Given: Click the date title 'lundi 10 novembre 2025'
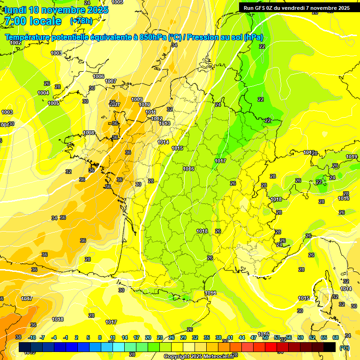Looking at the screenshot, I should pos(56,10).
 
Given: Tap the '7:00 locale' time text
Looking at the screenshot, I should pos(33,21).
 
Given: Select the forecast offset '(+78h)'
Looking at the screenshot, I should pos(81,21).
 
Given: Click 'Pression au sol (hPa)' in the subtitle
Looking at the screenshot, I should pos(225,37).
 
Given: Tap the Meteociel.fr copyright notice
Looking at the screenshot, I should pos(199,356).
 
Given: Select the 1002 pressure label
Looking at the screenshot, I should pos(15,43).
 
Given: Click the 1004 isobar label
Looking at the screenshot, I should pos(43,93).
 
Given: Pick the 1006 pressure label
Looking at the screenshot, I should pos(98,76).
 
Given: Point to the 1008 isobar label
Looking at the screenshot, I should pos(89,133).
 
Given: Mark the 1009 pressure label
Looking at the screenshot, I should pos(137,99).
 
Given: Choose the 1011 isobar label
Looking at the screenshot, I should pos(151,112).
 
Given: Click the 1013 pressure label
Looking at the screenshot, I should pos(165,123).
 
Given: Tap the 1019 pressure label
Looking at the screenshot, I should pos(352,157).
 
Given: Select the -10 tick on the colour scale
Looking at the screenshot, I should pos(32,337).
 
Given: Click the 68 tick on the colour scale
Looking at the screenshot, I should pos(335,337).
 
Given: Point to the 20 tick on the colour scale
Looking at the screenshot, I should pos(148,337).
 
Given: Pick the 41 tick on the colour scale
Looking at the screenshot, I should pos(230,337).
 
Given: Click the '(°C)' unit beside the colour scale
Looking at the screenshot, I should pos(344,348).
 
